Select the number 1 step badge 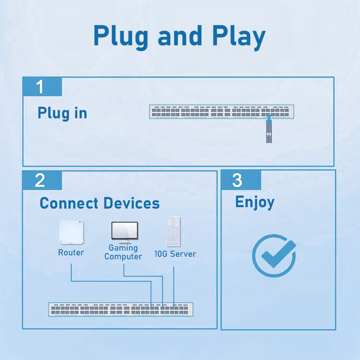click(x=42, y=87)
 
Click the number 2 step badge click(x=42, y=180)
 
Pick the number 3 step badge click(x=241, y=180)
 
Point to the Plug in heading click(x=62, y=113)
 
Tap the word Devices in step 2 click(x=132, y=203)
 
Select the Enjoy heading click(x=255, y=202)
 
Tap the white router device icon click(x=71, y=232)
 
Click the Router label click(x=71, y=252)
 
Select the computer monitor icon click(x=125, y=232)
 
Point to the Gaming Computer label click(x=123, y=252)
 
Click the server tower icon click(x=173, y=232)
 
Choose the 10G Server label click(x=175, y=254)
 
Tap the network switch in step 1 click(x=222, y=111)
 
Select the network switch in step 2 click(x=121, y=310)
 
